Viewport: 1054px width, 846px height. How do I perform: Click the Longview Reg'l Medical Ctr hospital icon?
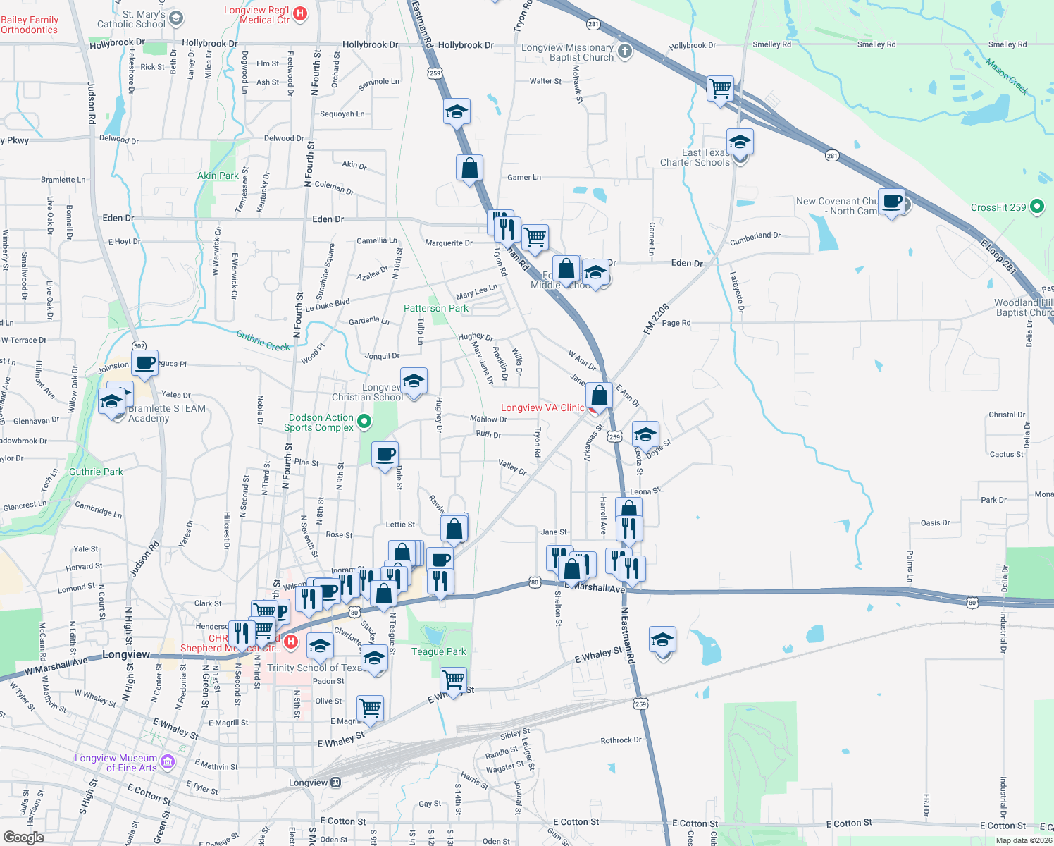[x=300, y=13]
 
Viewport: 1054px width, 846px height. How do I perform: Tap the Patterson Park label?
[x=435, y=308]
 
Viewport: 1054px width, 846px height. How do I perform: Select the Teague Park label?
[x=438, y=651]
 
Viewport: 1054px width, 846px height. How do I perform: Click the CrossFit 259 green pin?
[x=1036, y=207]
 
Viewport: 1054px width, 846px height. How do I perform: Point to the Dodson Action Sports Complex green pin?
[x=364, y=422]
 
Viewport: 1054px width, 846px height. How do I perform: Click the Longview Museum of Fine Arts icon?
[x=168, y=761]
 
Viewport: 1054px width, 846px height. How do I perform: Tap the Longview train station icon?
[x=336, y=783]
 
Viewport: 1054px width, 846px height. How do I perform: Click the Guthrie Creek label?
[x=263, y=341]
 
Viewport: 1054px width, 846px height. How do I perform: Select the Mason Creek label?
[x=1007, y=77]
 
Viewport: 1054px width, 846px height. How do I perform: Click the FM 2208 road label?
[x=655, y=319]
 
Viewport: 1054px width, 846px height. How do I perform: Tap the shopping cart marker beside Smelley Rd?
[x=720, y=89]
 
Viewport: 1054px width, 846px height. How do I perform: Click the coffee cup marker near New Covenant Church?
[x=892, y=201]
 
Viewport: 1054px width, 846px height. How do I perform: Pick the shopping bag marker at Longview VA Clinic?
[x=599, y=395]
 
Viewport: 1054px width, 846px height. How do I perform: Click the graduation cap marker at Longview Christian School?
[x=414, y=381]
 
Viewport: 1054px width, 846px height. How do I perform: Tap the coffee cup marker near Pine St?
[x=385, y=455]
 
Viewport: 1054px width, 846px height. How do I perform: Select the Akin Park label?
[x=218, y=176]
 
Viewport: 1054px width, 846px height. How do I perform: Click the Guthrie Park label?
[x=96, y=472]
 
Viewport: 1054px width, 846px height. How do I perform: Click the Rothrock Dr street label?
[x=621, y=740]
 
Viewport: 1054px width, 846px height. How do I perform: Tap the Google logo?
[x=23, y=838]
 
